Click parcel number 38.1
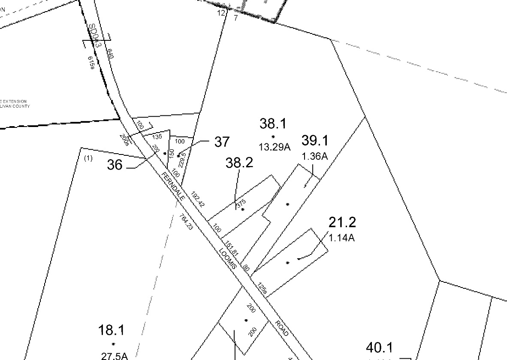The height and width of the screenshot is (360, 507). click(273, 124)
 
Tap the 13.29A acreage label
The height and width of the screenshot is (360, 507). click(275, 147)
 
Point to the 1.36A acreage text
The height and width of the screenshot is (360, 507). click(315, 157)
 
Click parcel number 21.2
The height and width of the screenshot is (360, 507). click(342, 222)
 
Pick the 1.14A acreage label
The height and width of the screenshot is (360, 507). click(342, 237)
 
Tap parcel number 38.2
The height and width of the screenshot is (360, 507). click(239, 163)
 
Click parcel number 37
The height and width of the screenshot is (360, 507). click(222, 142)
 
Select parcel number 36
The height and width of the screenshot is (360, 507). click(115, 165)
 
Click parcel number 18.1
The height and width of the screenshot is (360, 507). click(112, 330)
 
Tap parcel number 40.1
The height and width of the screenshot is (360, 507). click(380, 348)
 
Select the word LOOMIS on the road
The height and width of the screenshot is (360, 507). click(228, 258)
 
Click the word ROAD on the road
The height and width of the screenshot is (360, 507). click(282, 329)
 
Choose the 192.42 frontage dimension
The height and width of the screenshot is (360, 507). click(199, 199)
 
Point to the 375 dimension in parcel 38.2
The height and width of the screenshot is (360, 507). click(241, 204)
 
